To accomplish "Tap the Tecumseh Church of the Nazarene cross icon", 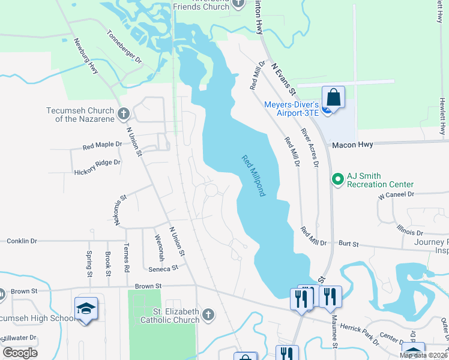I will (124, 113).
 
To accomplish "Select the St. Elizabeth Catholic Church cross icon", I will (208, 314).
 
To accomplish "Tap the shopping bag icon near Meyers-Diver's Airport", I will (333, 97).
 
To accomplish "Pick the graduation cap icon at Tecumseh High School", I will (86, 308).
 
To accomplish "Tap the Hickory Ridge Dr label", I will (97, 163).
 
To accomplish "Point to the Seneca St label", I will (164, 268).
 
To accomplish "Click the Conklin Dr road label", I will (22, 241).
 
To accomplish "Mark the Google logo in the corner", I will (20, 353).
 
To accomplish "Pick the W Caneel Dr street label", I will (396, 195).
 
